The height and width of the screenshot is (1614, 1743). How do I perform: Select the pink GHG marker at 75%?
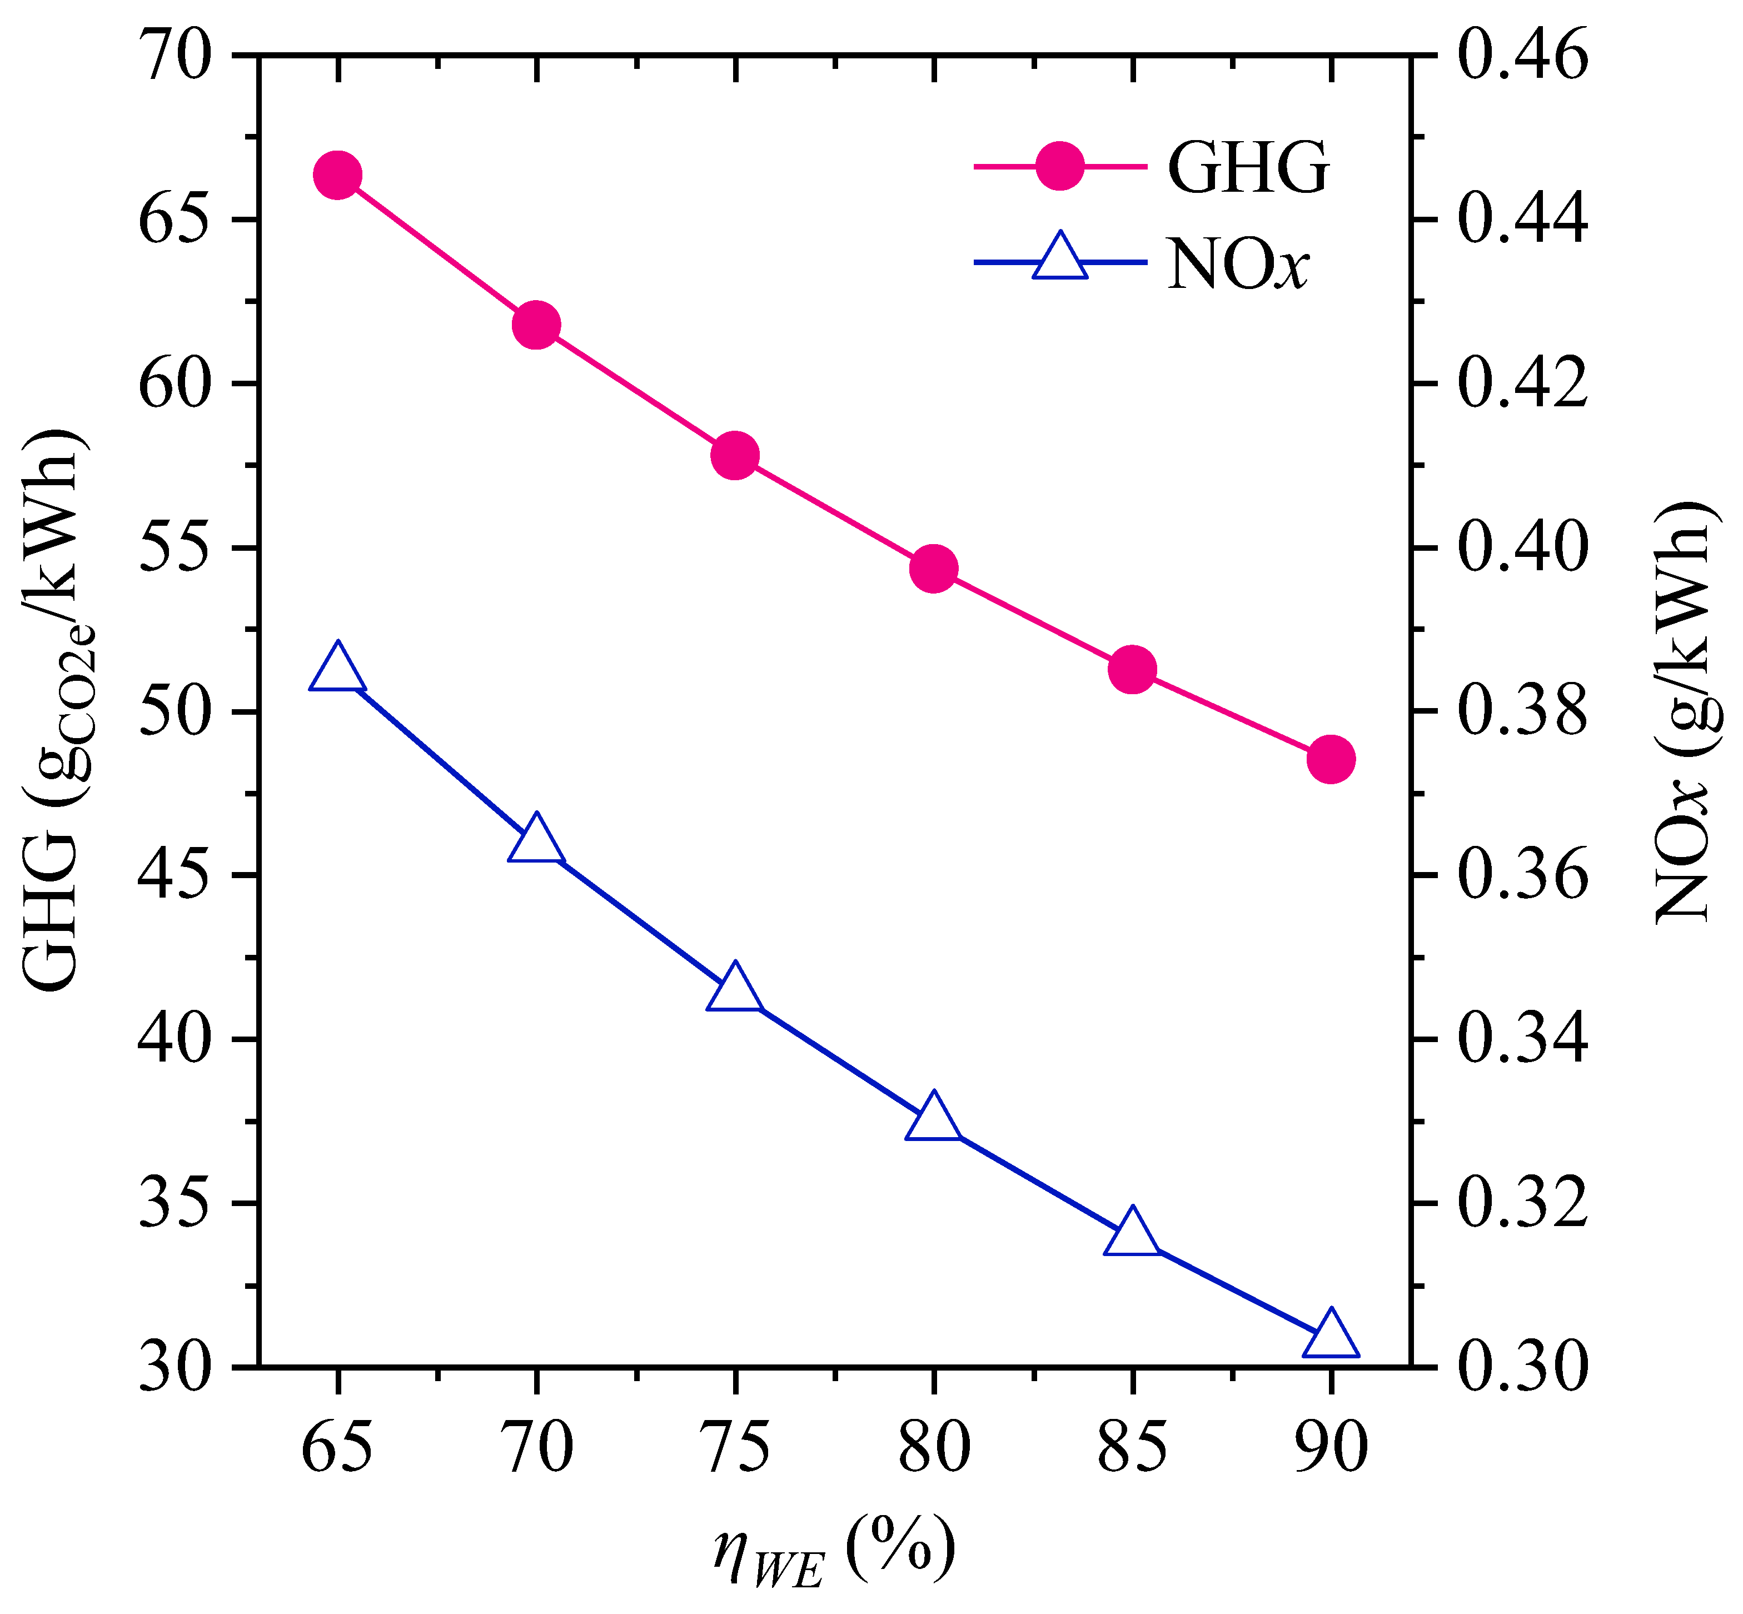(x=735, y=456)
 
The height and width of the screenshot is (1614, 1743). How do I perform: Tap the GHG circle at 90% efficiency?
(x=1331, y=759)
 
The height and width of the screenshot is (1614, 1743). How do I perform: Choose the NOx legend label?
(x=1237, y=264)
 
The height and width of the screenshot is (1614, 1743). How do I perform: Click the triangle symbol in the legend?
(x=1060, y=258)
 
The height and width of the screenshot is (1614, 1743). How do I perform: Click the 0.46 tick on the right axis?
(x=1522, y=57)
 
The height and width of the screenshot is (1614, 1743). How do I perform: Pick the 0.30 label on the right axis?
(x=1522, y=1368)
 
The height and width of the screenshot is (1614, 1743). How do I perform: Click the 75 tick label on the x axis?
(x=735, y=1448)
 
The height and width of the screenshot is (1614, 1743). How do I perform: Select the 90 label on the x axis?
(x=1331, y=1448)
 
